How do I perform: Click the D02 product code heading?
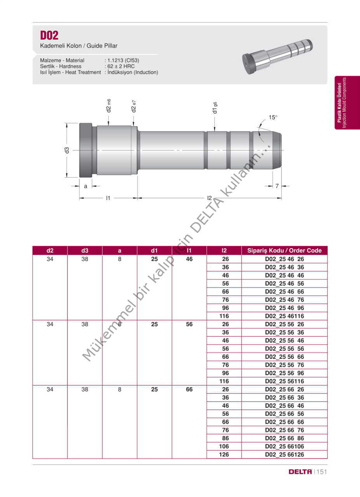point(49,35)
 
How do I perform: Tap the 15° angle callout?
point(273,117)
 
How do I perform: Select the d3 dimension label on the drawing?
point(67,150)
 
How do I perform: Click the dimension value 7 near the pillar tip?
point(277,186)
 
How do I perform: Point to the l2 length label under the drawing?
point(209,198)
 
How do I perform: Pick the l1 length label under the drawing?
point(108,198)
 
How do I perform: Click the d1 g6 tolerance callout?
point(215,108)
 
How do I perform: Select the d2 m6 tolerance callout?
point(108,106)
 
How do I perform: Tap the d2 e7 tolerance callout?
point(134,106)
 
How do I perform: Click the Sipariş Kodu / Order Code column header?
point(284,250)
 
